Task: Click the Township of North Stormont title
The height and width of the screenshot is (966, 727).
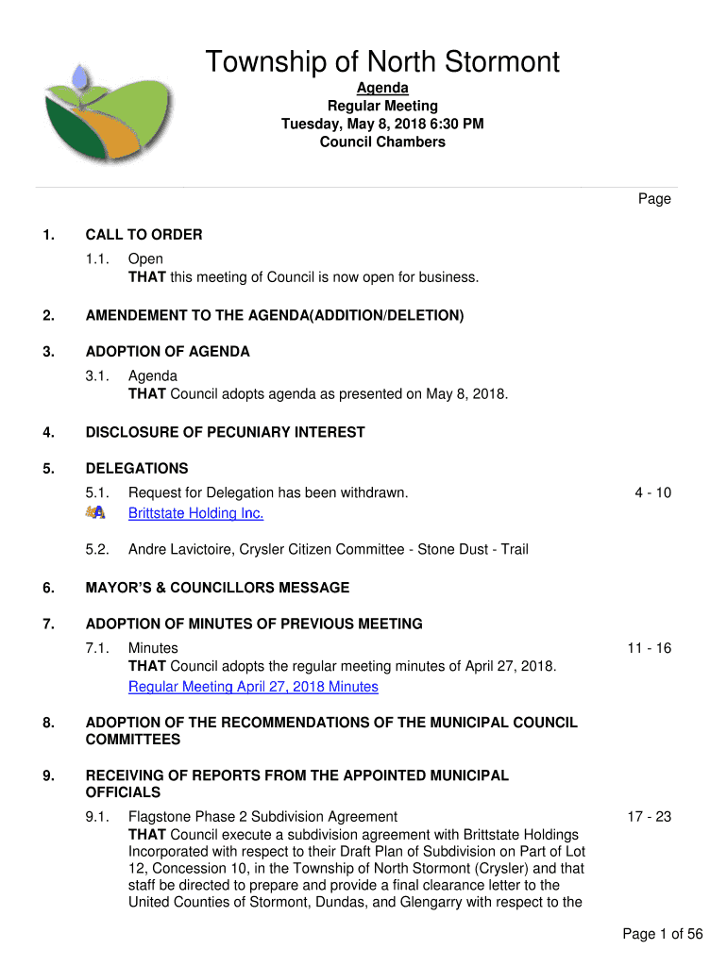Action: (382, 63)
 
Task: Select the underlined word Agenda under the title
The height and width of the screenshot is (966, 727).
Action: (382, 89)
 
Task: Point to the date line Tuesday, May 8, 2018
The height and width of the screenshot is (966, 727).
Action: (382, 125)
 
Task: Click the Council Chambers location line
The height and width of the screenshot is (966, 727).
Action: (382, 142)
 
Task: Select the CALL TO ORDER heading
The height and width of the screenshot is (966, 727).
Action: (144, 235)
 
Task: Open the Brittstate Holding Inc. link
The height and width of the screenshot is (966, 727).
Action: (195, 513)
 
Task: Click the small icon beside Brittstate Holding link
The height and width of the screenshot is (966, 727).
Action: (95, 512)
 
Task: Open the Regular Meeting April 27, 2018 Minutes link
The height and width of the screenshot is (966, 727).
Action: (253, 687)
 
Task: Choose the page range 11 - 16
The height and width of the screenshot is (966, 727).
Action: (649, 648)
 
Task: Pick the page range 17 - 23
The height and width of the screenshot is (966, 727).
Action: (649, 817)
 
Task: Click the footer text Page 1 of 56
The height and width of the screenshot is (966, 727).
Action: (663, 934)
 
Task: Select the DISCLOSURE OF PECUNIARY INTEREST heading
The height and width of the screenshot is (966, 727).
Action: (225, 432)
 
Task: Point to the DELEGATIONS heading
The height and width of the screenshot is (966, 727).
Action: (137, 469)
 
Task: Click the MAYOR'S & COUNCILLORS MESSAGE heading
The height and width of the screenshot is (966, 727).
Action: (217, 588)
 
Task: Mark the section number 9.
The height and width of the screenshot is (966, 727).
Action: (47, 776)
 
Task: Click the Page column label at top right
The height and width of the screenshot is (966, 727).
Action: (654, 199)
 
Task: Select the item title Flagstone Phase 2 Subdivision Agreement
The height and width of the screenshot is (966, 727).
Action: (262, 817)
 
